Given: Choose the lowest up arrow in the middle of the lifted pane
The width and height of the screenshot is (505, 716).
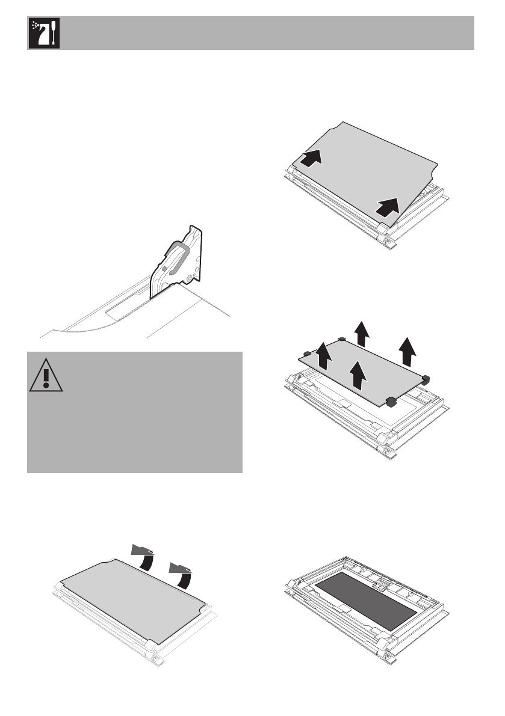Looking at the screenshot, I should point(359,375).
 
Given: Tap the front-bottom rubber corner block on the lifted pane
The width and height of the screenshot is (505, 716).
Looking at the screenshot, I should point(389,402).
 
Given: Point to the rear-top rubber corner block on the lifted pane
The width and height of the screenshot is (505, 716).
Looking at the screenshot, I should point(341,338).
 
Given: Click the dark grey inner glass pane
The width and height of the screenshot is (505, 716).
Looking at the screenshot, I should point(366,601).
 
